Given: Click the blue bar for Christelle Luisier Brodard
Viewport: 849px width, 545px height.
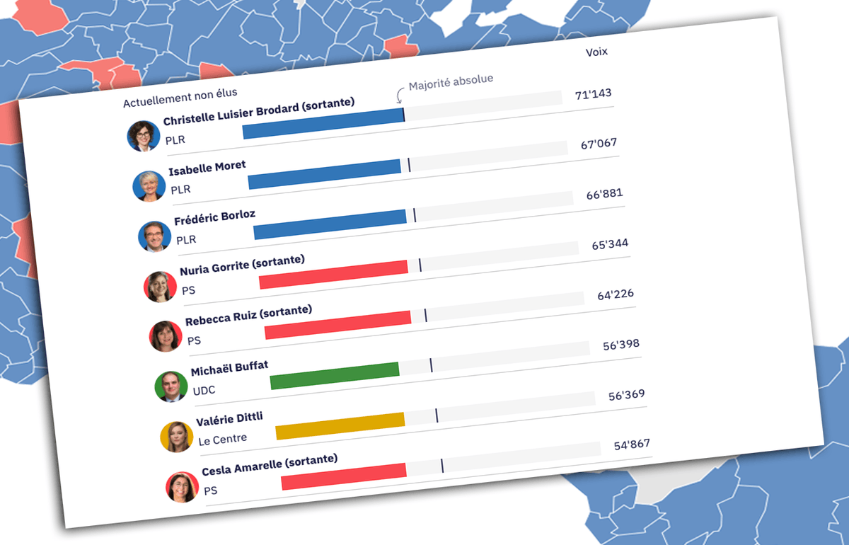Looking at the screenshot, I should pos(323,124).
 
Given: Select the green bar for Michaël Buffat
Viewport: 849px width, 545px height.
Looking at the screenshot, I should pos(335,375).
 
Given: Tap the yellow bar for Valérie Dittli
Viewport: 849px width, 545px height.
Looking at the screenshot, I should pos(340,425).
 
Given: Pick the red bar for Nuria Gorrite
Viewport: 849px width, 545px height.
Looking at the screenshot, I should pos(333,274).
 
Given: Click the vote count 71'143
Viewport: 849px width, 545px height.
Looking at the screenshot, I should pos(593,94).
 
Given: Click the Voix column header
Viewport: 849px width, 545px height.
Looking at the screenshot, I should pos(596,52).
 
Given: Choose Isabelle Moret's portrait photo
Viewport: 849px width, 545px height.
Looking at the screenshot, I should pos(149,186).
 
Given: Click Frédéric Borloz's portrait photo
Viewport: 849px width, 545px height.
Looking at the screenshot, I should pos(154,236).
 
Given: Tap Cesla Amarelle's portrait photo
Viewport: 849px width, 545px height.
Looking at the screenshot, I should pos(182,487).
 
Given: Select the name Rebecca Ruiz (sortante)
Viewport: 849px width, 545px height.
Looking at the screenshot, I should pos(248,316).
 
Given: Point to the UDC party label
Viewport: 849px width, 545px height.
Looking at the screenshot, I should pos(204,390).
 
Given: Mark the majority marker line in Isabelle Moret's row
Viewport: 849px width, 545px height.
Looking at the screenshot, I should pos(409,165).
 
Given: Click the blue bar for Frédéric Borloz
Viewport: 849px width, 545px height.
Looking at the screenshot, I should pos(330,224).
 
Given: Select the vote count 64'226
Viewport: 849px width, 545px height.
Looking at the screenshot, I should pos(615,294).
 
